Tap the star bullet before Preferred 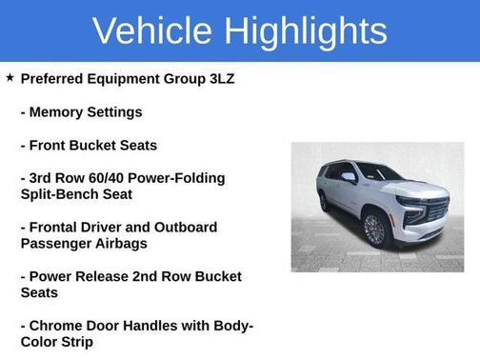10,77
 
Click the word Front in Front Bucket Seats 50,145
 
